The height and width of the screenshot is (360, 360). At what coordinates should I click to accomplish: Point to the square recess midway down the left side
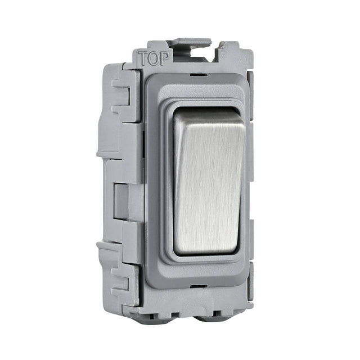pos(122,200)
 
